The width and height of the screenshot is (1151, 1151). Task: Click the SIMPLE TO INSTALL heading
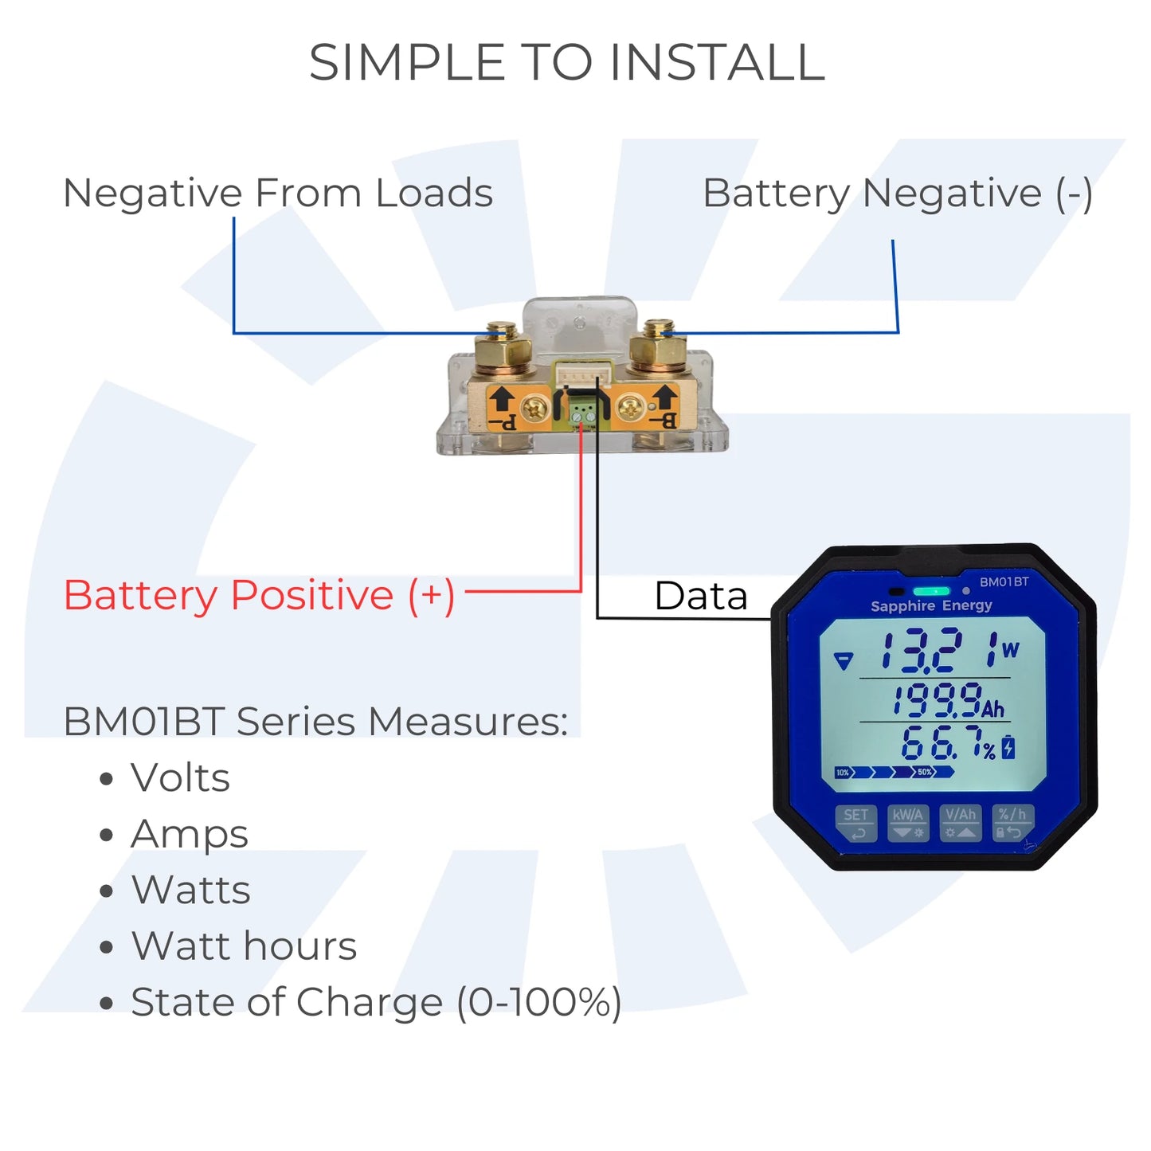click(566, 63)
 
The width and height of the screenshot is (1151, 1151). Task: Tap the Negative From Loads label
click(278, 194)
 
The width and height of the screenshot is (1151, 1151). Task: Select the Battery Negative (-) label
click(897, 194)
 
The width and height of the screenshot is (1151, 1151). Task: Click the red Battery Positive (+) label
click(259, 596)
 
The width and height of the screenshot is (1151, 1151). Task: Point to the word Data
click(700, 596)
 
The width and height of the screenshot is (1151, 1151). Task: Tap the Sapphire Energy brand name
click(931, 606)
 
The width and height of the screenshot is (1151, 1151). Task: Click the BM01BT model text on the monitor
click(1004, 582)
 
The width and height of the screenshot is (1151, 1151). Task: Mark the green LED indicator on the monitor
click(931, 591)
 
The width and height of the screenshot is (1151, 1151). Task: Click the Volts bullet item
click(180, 778)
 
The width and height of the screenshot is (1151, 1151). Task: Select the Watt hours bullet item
click(244, 946)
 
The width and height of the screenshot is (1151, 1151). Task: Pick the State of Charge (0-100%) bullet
click(376, 1003)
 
